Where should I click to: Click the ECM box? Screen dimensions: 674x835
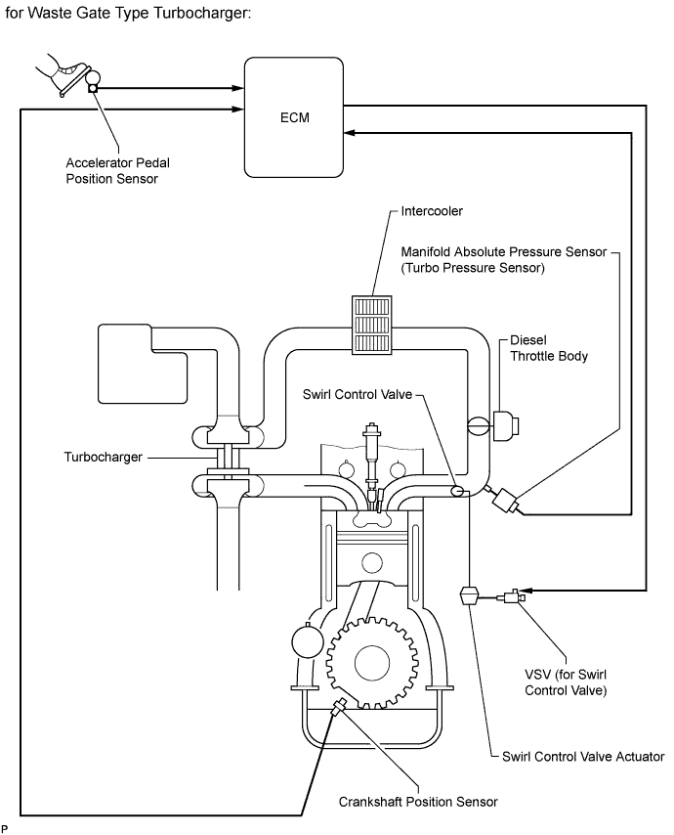tap(294, 117)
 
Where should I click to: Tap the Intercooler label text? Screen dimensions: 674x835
tap(432, 211)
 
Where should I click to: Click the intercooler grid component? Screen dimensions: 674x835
tap(372, 325)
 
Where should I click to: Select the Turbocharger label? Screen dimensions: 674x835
tap(104, 457)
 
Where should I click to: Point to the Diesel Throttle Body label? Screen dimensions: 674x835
tap(548, 348)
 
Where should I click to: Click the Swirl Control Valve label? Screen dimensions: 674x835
tap(357, 394)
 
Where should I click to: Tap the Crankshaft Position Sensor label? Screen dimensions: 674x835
tap(418, 802)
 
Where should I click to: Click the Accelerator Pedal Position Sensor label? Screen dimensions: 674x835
tap(117, 170)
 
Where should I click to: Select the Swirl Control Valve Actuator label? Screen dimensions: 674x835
tap(583, 756)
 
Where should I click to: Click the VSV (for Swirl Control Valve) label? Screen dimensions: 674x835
tap(566, 682)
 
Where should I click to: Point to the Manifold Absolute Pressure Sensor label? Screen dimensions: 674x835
tap(503, 259)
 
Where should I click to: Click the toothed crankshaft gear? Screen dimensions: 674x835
tap(371, 663)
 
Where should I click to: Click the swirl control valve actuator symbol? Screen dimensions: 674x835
tap(469, 594)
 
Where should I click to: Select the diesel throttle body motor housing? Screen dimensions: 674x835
tap(505, 426)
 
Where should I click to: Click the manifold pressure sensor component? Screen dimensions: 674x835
tap(503, 502)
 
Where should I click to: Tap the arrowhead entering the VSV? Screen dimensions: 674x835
tap(526, 590)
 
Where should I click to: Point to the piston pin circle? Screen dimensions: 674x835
tap(371, 563)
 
